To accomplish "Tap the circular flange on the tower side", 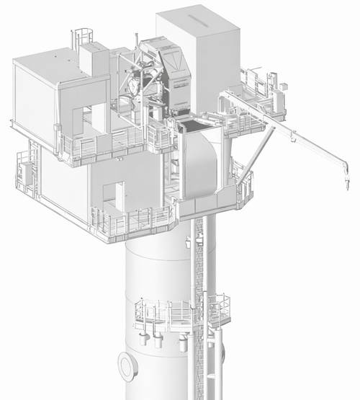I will [x=128, y=366].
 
